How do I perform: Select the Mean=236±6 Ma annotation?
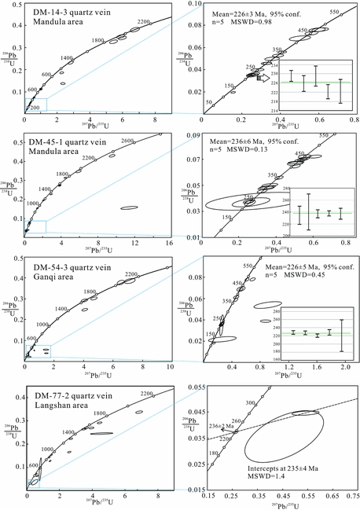pyautogui.click(x=249, y=140)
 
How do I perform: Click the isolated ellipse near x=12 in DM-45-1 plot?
pyautogui.click(x=130, y=207)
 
